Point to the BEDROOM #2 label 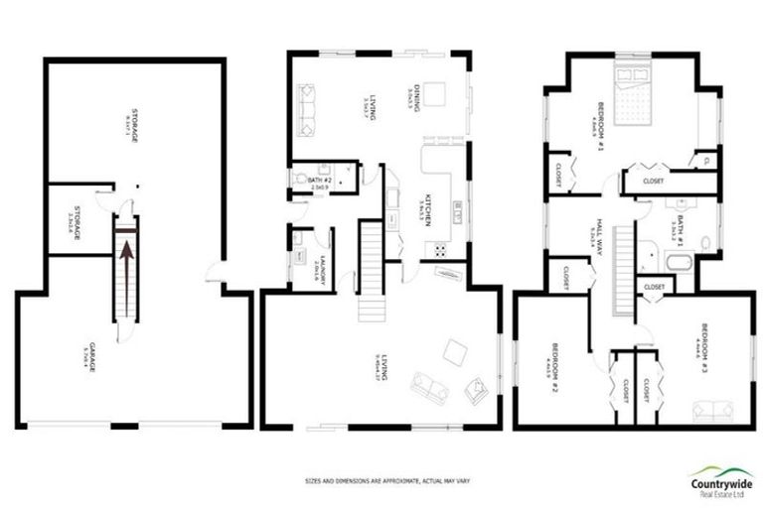[552, 363]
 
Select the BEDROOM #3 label [701, 342]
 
